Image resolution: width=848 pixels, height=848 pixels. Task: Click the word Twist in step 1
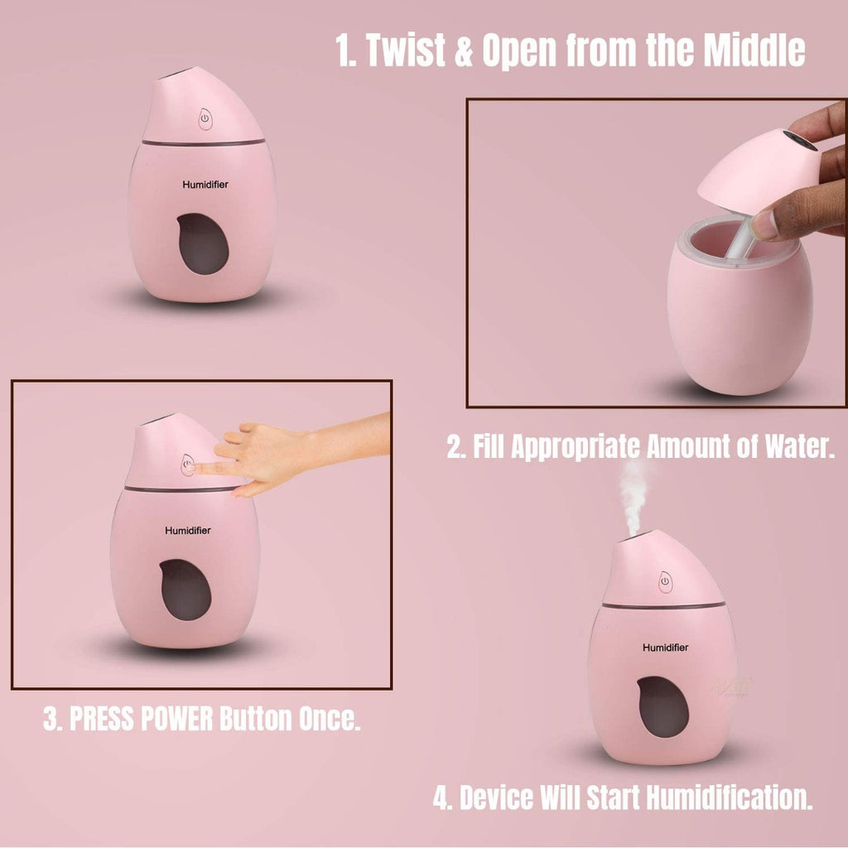click(406, 51)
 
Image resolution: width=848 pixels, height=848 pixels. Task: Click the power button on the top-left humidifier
click(203, 119)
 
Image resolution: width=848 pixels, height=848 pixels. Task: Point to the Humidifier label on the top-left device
click(205, 185)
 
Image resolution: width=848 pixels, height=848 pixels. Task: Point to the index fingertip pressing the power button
click(192, 468)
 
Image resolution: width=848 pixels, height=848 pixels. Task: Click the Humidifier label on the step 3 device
click(187, 530)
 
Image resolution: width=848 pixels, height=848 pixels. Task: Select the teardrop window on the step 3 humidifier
click(185, 589)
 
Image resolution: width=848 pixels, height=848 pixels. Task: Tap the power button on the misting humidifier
click(665, 582)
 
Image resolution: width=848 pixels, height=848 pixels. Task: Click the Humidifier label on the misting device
click(665, 647)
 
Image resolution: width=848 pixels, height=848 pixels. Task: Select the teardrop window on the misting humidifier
click(662, 706)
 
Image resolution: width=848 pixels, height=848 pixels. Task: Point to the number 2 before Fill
click(455, 448)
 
